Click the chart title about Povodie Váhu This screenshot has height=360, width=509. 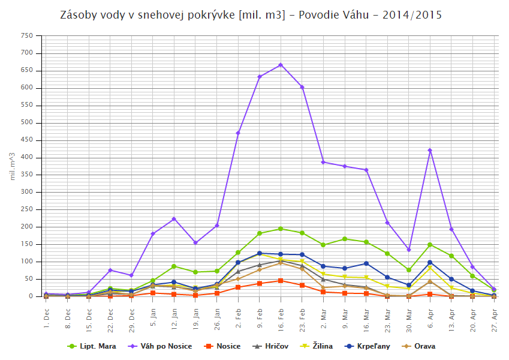pyautogui.click(x=254, y=14)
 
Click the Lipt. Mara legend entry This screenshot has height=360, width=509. pyautogui.click(x=92, y=346)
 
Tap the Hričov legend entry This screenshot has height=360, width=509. pyautogui.click(x=273, y=346)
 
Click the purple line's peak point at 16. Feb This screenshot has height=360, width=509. pyautogui.click(x=281, y=65)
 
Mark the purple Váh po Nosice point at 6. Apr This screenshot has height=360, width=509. pyautogui.click(x=430, y=150)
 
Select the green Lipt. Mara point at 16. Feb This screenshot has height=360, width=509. pyautogui.click(x=281, y=229)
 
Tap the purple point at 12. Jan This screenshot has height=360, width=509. pyautogui.click(x=174, y=219)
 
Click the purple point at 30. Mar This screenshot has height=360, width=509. pyautogui.click(x=408, y=250)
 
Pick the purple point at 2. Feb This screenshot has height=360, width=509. pyautogui.click(x=238, y=133)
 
